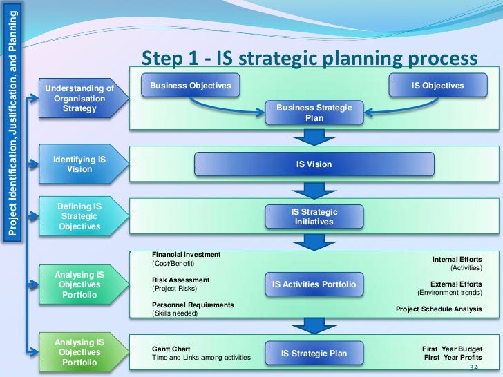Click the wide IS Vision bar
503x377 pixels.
coord(314,164)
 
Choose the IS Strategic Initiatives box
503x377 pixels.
coord(314,216)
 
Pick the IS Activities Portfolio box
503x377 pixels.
coord(314,284)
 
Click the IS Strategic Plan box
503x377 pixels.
coord(314,354)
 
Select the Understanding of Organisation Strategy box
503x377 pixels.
coord(79,98)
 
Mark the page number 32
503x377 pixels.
coord(474,368)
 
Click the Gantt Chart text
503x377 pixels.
coord(171,349)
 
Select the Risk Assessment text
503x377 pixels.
coord(180,280)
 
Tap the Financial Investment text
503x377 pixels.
coord(186,255)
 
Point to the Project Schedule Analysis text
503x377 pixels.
coord(439,309)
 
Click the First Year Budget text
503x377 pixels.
coord(452,349)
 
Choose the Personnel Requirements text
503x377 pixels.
coord(193,304)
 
